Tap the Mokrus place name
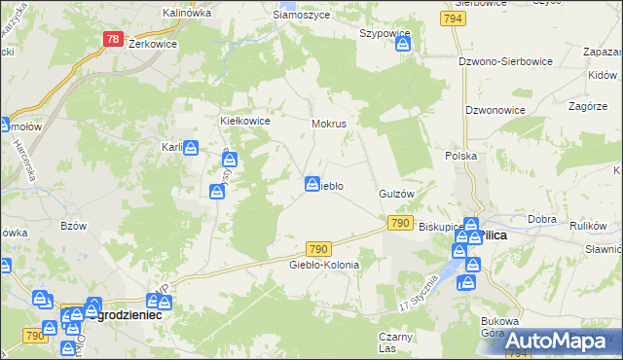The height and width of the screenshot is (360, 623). [x=329, y=125]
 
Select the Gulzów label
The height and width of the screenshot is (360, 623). [x=397, y=194]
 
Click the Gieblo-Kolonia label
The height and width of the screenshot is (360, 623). [x=324, y=265]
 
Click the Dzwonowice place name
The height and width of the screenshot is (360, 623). [x=495, y=110]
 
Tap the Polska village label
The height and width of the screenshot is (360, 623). [x=460, y=156]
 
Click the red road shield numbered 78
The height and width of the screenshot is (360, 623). [x=113, y=40]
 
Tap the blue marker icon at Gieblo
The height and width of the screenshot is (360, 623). [x=312, y=183]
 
